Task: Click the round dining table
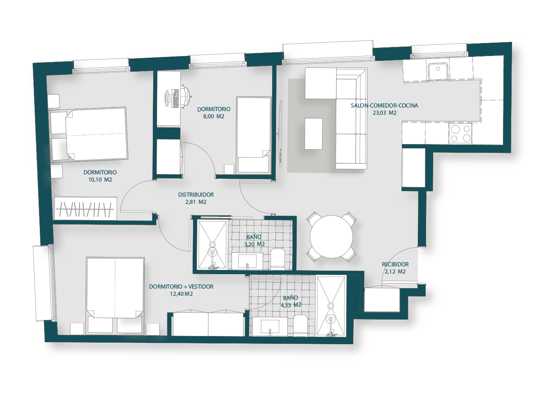click(331, 237)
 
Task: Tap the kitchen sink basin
click(438, 71)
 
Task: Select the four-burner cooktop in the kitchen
click(460, 134)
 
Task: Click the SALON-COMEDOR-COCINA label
click(384, 105)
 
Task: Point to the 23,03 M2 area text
click(384, 113)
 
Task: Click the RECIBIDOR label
click(395, 264)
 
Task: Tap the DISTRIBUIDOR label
click(196, 195)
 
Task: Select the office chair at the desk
click(185, 96)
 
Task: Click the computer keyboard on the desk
click(175, 99)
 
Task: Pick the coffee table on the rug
click(314, 134)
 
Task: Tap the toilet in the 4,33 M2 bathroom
click(300, 326)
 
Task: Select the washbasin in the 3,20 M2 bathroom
click(247, 261)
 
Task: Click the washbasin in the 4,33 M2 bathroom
click(270, 327)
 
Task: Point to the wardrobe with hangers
click(86, 208)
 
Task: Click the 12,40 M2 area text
click(181, 294)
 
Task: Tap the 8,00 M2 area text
click(214, 116)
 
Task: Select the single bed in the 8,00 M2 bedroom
click(253, 135)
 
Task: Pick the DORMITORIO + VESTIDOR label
click(181, 287)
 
